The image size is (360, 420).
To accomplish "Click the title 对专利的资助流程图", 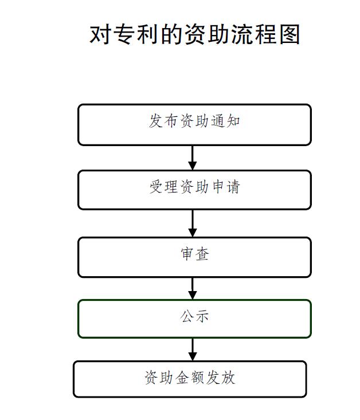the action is tap(194, 34).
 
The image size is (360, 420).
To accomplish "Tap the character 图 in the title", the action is tap(289, 34).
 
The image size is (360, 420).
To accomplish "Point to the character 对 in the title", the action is tap(99, 34).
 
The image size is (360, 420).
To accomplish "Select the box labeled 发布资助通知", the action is tap(194, 125).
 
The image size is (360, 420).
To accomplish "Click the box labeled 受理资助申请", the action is tap(194, 190).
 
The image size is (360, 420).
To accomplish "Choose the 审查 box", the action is tap(194, 257).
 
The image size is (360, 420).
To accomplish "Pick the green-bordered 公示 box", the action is tap(194, 319).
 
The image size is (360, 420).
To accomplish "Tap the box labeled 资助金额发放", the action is tap(190, 379).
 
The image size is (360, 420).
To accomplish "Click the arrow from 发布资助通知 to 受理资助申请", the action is tap(193, 158).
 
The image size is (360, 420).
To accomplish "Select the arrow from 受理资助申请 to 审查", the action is tap(193, 223).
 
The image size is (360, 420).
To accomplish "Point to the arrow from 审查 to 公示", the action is tap(193, 288).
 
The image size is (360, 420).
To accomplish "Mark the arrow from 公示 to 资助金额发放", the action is tap(193, 350).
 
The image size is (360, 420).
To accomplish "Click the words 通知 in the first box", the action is tap(225, 121).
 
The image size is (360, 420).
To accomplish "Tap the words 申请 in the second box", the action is tap(226, 187).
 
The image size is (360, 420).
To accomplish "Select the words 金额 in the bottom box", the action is tap(190, 378).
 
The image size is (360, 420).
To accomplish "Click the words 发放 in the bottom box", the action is tap(221, 378).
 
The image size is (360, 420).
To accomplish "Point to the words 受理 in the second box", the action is tap(163, 187).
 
